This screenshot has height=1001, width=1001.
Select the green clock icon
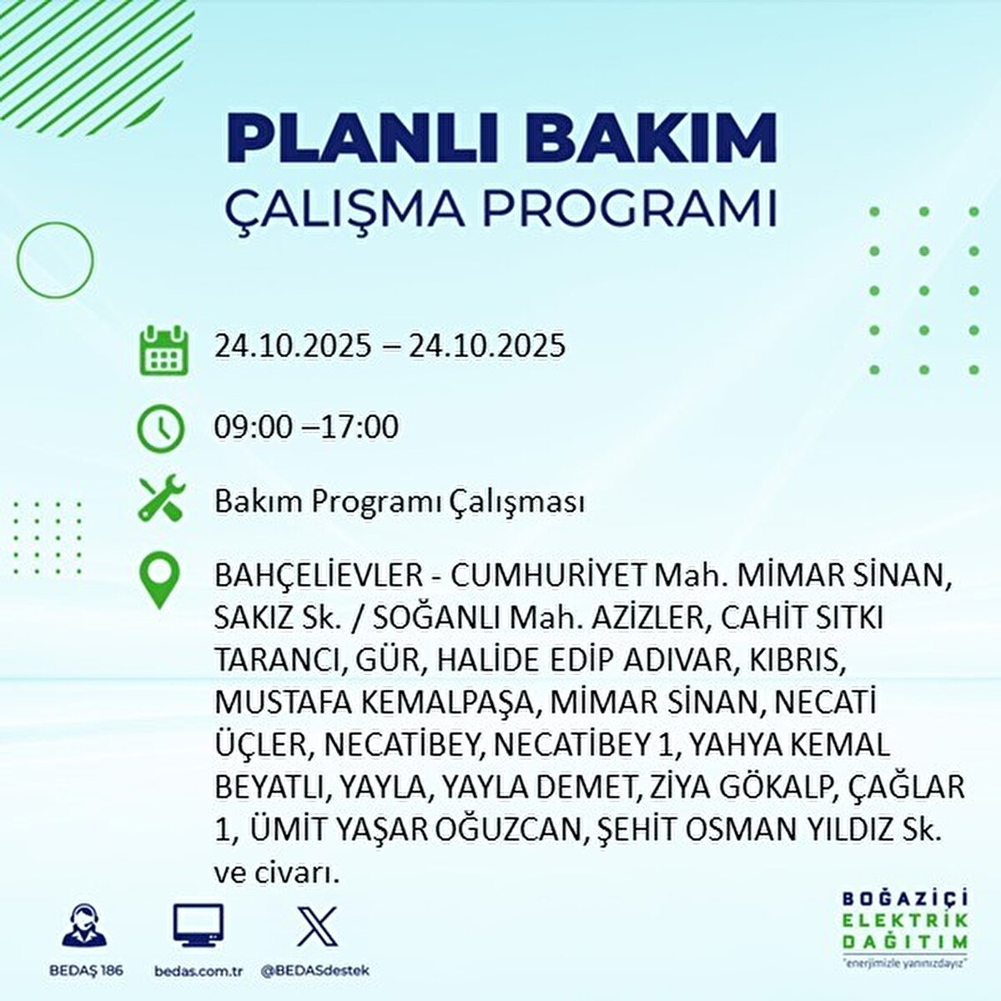point(160,429)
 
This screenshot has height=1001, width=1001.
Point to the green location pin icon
point(160,581)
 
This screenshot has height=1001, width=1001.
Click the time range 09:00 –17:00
point(306,427)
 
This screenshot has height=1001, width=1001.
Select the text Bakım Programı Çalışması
point(400,502)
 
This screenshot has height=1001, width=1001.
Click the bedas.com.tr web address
point(199,970)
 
